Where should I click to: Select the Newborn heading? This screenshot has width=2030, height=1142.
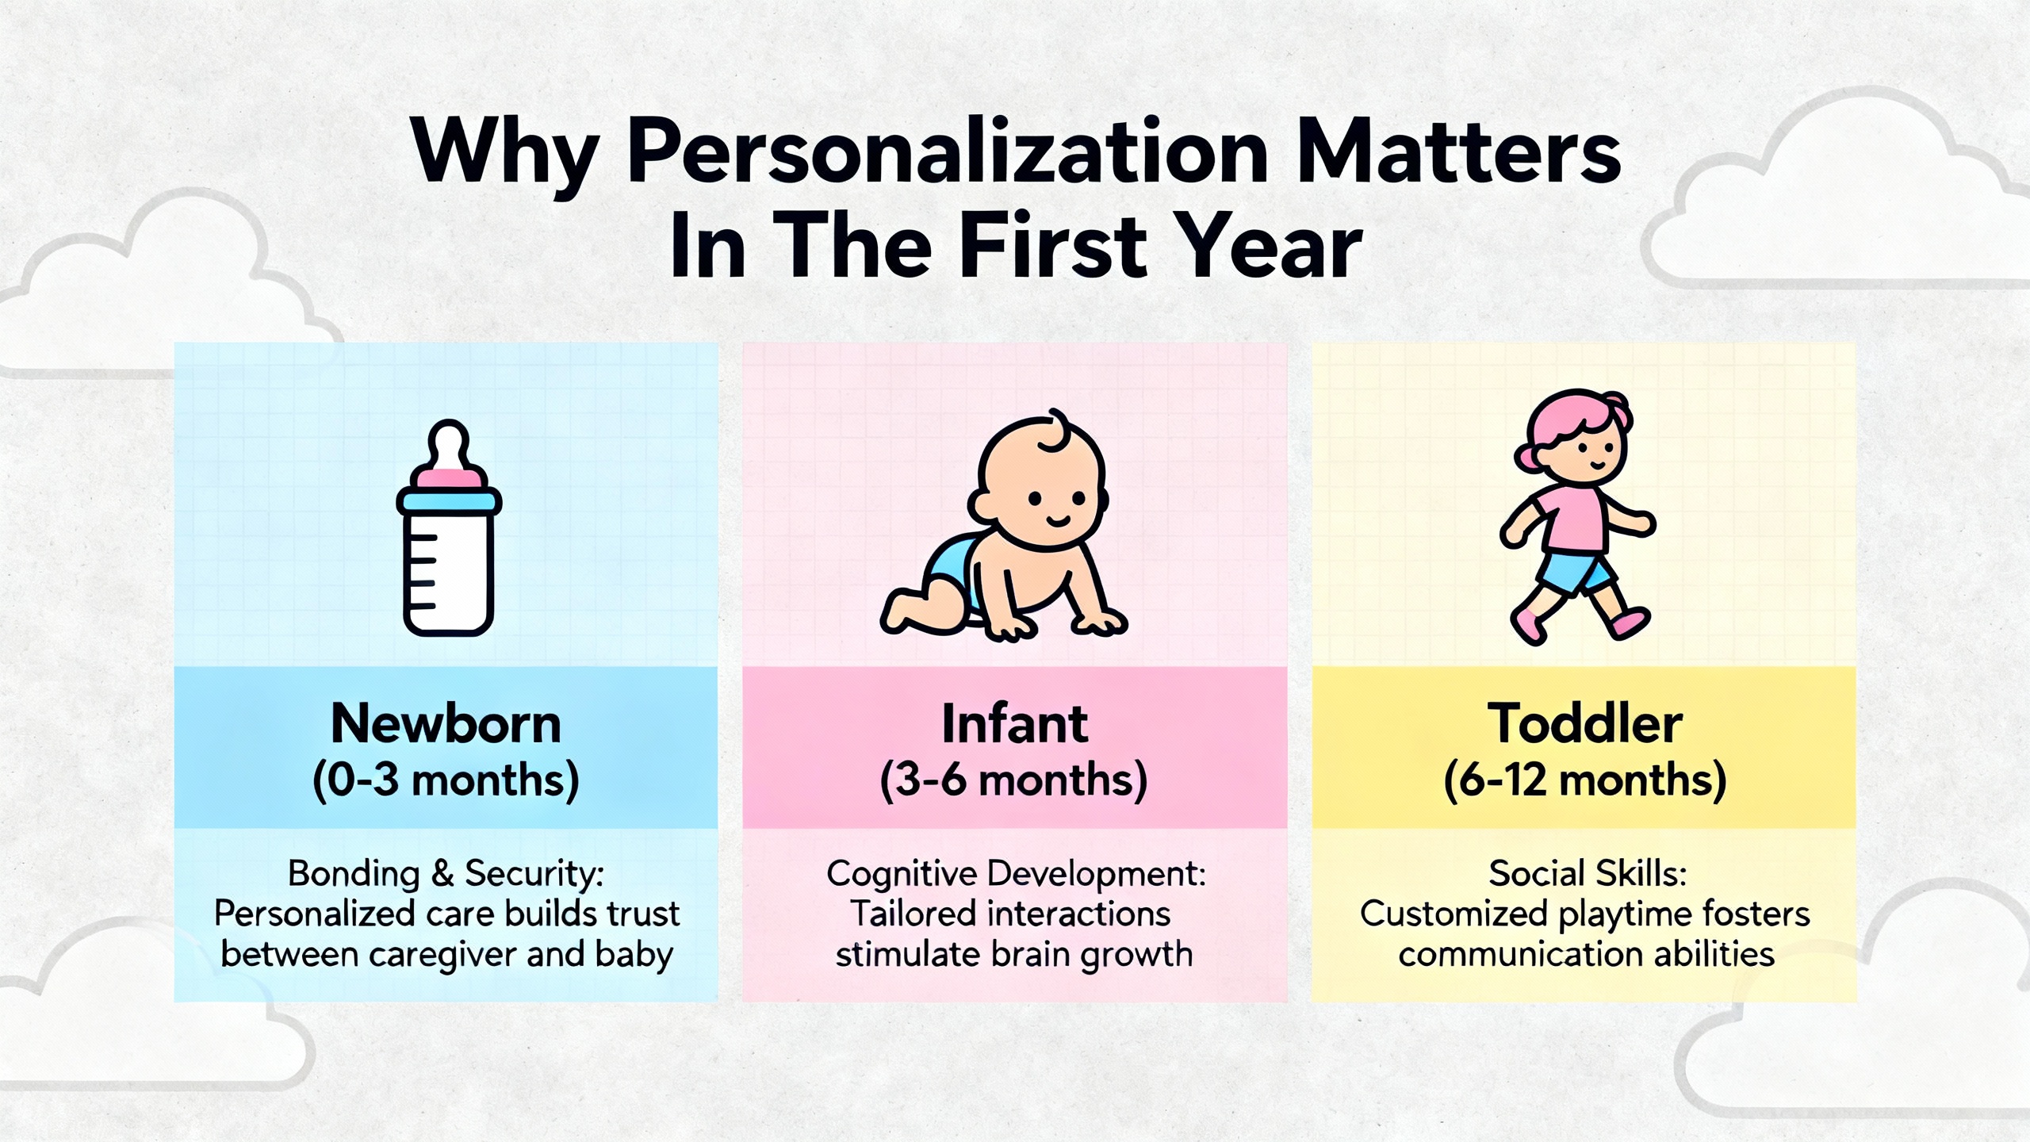tap(446, 723)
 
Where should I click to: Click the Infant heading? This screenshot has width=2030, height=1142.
tap(1014, 723)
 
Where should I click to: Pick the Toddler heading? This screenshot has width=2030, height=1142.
tap(1584, 723)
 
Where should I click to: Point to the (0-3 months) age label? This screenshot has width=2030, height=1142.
tap(446, 780)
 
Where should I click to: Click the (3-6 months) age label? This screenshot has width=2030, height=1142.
tap(1014, 780)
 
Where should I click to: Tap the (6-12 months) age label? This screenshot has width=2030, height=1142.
tap(1584, 780)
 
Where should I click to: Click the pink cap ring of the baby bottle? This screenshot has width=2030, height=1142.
tap(449, 478)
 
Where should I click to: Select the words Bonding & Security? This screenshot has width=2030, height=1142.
tap(446, 873)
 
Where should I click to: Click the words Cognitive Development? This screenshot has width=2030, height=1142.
tap(1016, 873)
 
